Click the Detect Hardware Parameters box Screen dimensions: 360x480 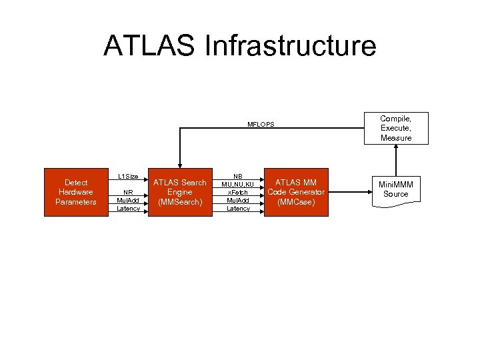pyautogui.click(x=75, y=192)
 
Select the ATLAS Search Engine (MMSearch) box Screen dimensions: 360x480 pyautogui.click(x=180, y=192)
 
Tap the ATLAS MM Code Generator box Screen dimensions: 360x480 pyautogui.click(x=296, y=192)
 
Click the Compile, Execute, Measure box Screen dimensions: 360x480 pyautogui.click(x=396, y=128)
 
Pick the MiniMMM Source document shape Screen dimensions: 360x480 pyautogui.click(x=396, y=189)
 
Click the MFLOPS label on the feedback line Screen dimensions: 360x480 pyautogui.click(x=261, y=125)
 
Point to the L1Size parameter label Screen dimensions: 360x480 pyautogui.click(x=128, y=177)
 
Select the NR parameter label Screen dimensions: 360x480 pyautogui.click(x=128, y=192)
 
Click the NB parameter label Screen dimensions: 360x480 pyautogui.click(x=238, y=177)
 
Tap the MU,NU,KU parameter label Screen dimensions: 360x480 pyautogui.click(x=238, y=185)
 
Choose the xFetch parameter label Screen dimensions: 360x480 pyautogui.click(x=238, y=193)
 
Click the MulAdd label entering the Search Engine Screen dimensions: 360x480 pyautogui.click(x=128, y=200)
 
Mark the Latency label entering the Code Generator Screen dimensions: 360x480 pyautogui.click(x=238, y=209)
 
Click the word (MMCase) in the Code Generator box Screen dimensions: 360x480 pyautogui.click(x=296, y=202)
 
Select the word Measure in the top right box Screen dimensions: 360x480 pyautogui.click(x=396, y=138)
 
